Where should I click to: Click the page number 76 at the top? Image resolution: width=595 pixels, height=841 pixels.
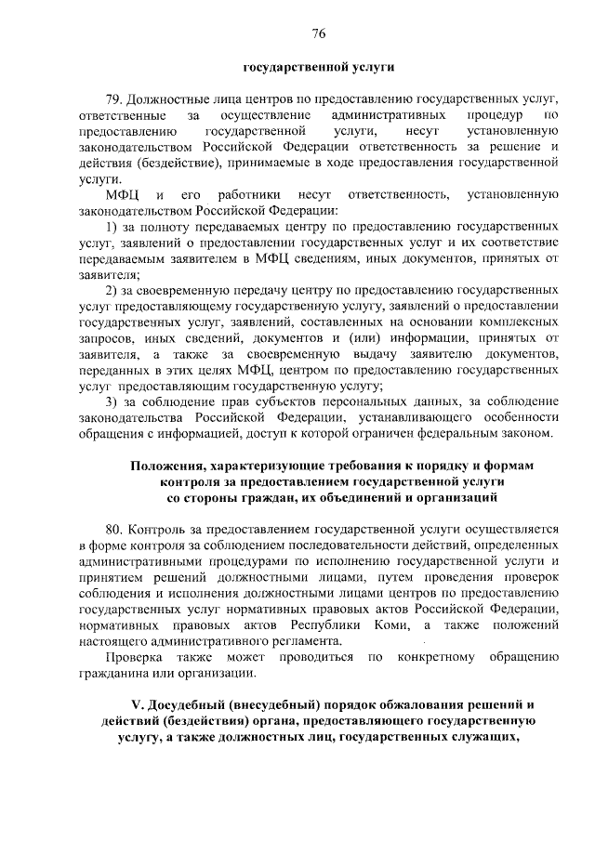point(318,34)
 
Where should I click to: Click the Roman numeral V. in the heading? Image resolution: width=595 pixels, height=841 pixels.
point(134,704)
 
